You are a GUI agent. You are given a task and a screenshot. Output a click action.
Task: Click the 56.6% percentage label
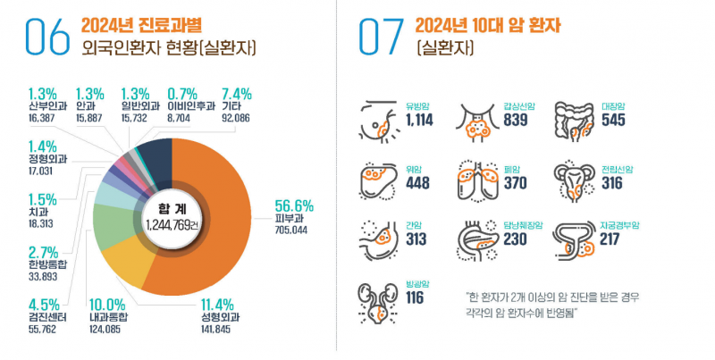pyautogui.click(x=293, y=202)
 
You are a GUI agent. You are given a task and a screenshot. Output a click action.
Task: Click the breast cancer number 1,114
pyautogui.click(x=420, y=121)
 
